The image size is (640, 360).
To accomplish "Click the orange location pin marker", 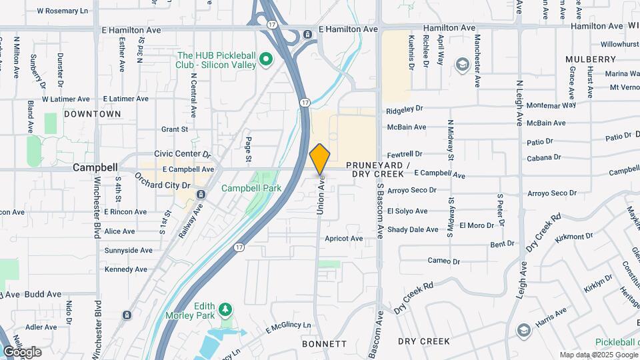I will click(x=320, y=159).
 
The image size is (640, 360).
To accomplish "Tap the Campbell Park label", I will click(x=251, y=188).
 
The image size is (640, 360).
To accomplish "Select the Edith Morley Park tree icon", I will click(x=226, y=309).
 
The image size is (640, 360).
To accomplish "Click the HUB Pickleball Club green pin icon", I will click(x=267, y=61).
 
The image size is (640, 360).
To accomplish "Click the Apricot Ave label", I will click(x=343, y=238).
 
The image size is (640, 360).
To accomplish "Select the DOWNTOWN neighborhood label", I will click(x=93, y=114).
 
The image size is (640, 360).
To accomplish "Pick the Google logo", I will click(x=22, y=351).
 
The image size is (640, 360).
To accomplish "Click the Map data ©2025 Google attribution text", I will click(x=598, y=355).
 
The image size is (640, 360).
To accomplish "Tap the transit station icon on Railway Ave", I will click(x=201, y=194).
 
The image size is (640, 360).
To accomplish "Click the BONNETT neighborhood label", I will click(x=324, y=344).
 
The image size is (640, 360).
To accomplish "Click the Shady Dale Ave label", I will click(x=413, y=229).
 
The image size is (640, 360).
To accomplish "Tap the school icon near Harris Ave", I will click(x=523, y=329).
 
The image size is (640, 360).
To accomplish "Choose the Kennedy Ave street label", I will click(x=125, y=269).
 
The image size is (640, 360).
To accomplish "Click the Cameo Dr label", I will click(x=444, y=261).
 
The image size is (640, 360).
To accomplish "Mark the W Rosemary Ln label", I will click(x=62, y=11).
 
